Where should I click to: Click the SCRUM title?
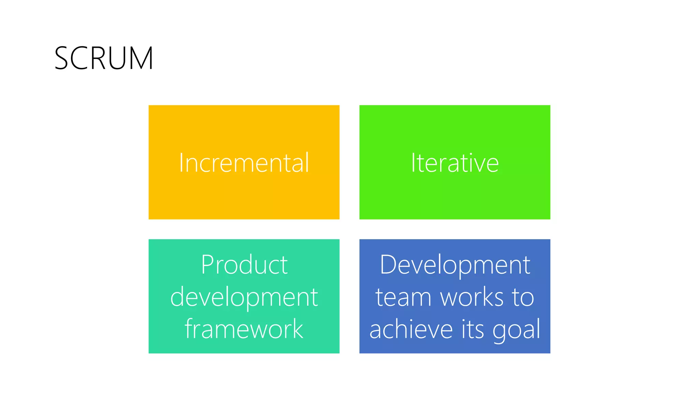coord(104,58)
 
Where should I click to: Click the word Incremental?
coord(244,163)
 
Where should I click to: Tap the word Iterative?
coord(455,163)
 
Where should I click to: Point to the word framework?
coord(244,329)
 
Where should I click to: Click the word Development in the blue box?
coord(455,265)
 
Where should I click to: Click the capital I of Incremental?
coord(181,163)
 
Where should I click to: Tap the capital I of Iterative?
coord(413,163)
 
